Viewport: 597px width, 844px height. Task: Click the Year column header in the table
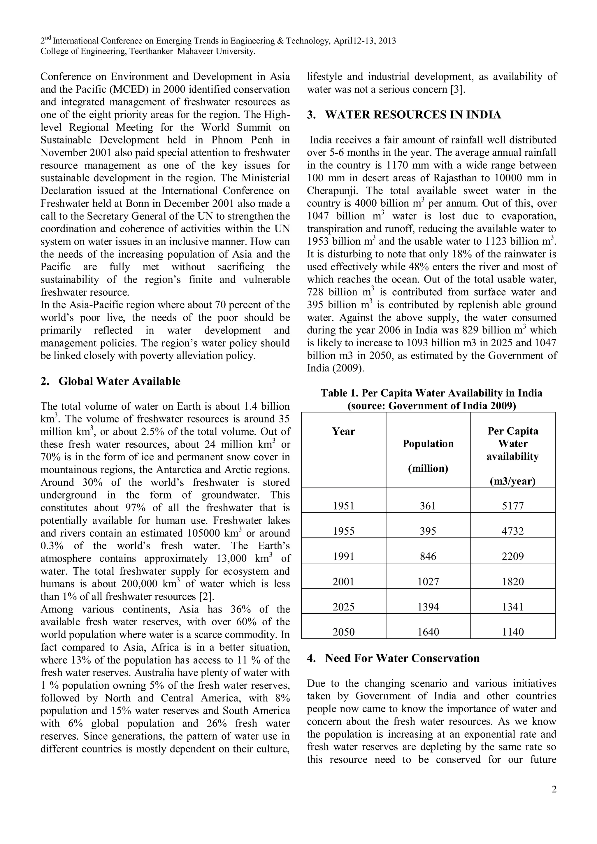[343, 431]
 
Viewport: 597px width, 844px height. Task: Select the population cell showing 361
[428, 506]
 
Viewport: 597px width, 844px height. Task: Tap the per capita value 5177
[512, 506]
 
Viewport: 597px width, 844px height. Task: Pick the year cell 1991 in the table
[343, 557]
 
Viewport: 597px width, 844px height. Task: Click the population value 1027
[428, 582]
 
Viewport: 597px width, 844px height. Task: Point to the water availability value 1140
[512, 632]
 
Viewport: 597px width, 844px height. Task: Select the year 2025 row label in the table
[343, 607]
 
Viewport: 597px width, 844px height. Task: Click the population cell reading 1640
[428, 632]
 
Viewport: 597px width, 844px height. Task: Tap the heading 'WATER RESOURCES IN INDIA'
[413, 115]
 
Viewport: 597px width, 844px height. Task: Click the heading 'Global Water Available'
[120, 382]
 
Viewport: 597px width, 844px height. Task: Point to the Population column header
[428, 444]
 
